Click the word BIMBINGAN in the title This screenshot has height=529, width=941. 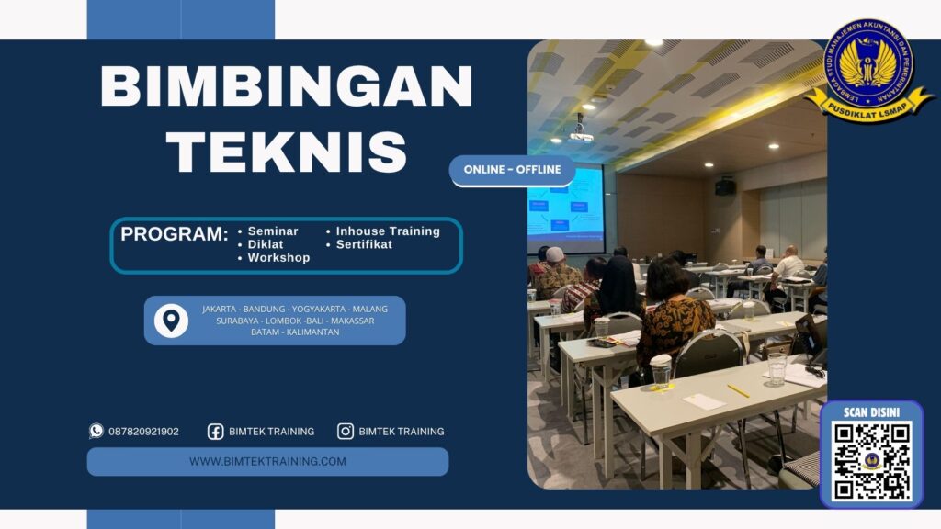coord(286,88)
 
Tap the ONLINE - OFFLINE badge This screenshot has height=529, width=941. coord(513,170)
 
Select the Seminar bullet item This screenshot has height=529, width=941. coord(273,231)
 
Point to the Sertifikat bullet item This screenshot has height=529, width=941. coord(364,244)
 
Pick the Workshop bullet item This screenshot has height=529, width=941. coord(278,258)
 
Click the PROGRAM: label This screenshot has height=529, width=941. coord(175,234)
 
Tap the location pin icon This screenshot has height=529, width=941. coord(171,321)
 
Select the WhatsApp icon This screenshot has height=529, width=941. coord(96,431)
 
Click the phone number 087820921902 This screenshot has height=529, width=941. coord(143,432)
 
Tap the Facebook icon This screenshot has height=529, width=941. coord(215,432)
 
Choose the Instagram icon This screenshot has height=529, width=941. coord(346,432)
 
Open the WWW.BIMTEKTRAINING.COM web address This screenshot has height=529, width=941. coord(267,461)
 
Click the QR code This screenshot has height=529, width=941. coord(871,461)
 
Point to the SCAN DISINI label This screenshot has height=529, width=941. coord(871,412)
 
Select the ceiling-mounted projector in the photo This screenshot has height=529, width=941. coord(581,133)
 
